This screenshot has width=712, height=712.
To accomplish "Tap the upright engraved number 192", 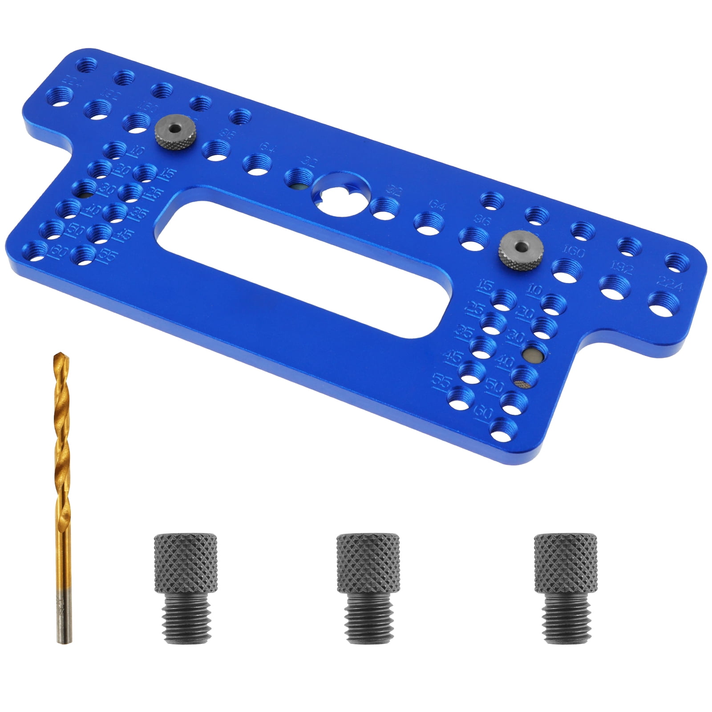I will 622,267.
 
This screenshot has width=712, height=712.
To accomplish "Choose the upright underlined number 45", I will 453,356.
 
